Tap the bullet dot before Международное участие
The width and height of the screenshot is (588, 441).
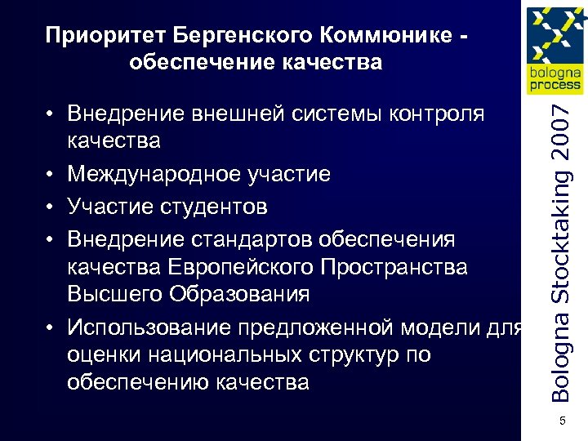[x=51, y=174]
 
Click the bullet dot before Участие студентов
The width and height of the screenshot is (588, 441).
[x=51, y=207]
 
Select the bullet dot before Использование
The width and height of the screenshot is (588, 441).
[x=51, y=328]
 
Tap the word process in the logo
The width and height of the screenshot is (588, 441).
[x=555, y=85]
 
